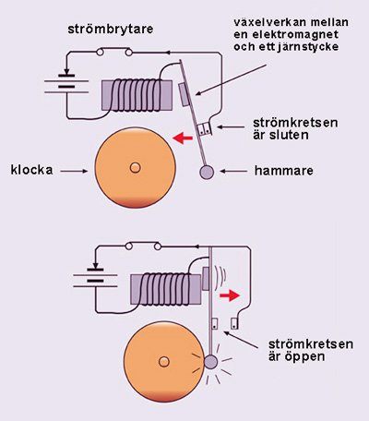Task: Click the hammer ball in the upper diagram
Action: [206, 172]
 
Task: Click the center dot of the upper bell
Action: [136, 168]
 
